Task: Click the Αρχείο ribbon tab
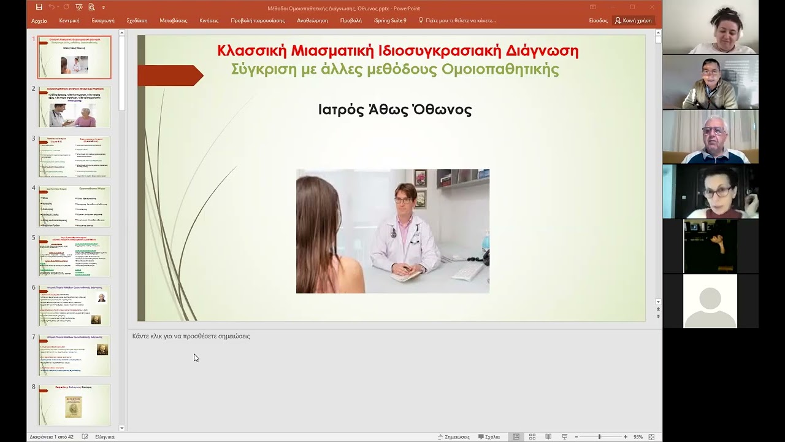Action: coord(39,20)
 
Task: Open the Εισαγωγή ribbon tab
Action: coord(103,20)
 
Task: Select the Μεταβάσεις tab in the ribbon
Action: coord(174,20)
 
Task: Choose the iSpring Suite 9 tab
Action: coord(390,20)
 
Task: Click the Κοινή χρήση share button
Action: coord(634,20)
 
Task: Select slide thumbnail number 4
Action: coord(74,206)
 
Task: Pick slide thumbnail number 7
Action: coord(74,355)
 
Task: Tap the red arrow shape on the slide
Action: coord(170,76)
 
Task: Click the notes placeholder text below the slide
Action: coord(191,336)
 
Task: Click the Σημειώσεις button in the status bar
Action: coord(454,437)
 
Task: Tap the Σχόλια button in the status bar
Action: coord(489,437)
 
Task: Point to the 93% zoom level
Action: coord(638,437)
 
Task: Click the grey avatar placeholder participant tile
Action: coord(710,301)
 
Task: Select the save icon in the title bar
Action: coord(39,7)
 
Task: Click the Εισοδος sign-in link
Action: coord(598,20)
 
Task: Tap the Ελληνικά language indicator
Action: coord(105,437)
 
